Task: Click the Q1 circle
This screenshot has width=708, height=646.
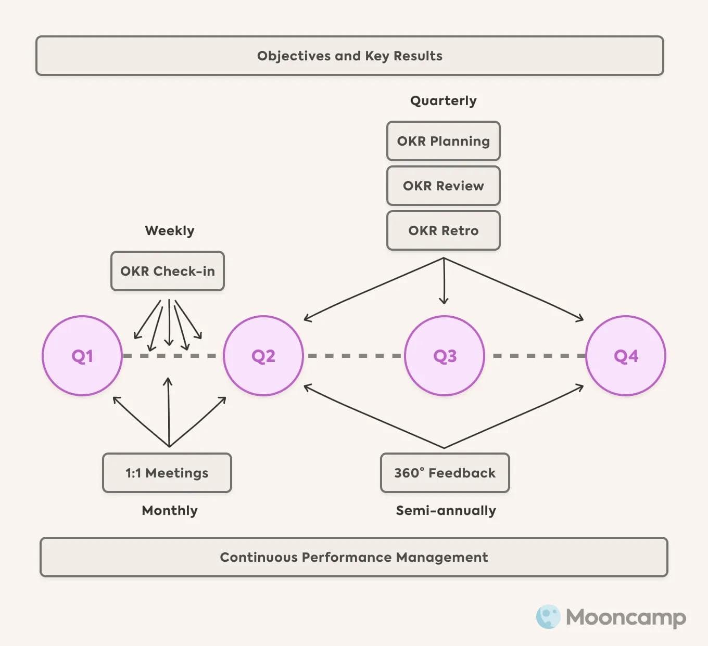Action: click(82, 356)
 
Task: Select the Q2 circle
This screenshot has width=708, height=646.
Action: click(263, 356)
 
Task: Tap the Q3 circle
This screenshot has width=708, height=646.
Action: click(445, 356)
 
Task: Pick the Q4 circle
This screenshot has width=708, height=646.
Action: click(626, 356)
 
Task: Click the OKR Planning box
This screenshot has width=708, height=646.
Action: click(444, 141)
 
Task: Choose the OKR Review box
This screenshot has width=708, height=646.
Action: click(444, 186)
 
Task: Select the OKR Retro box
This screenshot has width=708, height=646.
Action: click(444, 230)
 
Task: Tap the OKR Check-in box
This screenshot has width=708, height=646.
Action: click(168, 271)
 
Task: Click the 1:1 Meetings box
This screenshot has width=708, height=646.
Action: click(167, 473)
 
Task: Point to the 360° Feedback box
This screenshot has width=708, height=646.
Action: click(445, 473)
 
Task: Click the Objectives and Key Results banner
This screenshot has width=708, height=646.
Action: click(350, 56)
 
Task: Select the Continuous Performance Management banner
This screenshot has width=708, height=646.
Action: click(354, 557)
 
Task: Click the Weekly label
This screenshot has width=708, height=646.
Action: click(170, 230)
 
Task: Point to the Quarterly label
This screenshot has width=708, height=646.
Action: click(444, 100)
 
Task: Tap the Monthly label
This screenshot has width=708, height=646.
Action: click(170, 510)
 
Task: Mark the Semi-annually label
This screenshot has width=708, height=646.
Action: click(446, 510)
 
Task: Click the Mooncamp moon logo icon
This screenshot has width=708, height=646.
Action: click(548, 617)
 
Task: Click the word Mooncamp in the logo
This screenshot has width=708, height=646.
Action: click(626, 617)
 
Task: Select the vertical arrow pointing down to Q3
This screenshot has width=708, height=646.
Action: click(444, 281)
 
